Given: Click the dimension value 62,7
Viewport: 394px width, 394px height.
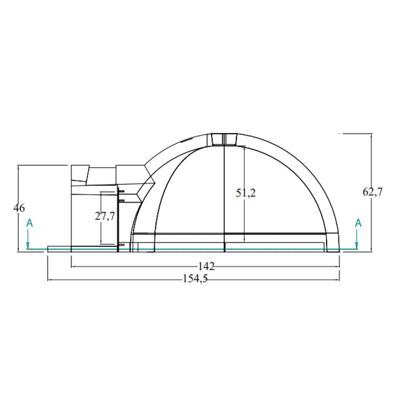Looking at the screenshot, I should tap(372, 192).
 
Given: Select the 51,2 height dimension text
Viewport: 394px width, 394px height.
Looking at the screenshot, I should tap(246, 193).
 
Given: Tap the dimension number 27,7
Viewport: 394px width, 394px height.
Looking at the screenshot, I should tap(104, 216).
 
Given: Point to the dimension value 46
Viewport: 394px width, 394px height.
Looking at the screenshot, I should tap(19, 208).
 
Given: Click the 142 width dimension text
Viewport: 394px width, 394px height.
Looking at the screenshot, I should tap(206, 267).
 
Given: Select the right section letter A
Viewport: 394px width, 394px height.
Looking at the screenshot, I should tap(358, 223).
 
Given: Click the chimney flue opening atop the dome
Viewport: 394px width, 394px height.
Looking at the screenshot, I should tap(224, 139).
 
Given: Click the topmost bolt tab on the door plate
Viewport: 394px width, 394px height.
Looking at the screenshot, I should tap(121, 191).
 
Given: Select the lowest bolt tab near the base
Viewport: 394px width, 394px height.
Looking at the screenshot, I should tap(121, 245).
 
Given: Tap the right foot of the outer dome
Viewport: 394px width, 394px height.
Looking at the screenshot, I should tap(333, 250).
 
